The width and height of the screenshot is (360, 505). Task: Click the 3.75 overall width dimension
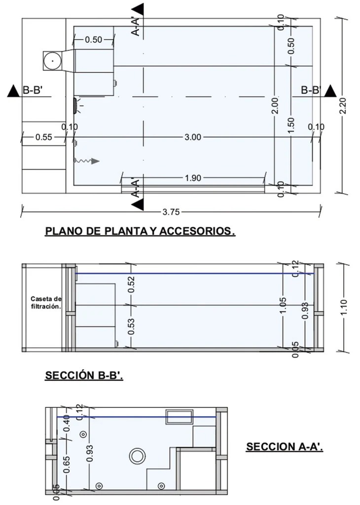[x=171, y=213]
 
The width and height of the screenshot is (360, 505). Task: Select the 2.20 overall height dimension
[x=344, y=106]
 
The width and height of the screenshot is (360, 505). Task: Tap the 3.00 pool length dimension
[x=192, y=137]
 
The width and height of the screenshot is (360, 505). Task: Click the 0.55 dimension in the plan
[x=43, y=137]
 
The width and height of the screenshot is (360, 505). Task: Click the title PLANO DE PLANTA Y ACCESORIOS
[x=140, y=231]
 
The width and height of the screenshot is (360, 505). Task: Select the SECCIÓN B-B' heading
[x=84, y=375]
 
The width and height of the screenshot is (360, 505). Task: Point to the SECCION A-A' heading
[x=285, y=447]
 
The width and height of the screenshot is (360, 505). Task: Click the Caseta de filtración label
[x=46, y=302]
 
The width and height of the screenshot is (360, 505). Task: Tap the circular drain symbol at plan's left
[x=51, y=61]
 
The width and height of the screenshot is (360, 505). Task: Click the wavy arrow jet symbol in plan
[x=86, y=161]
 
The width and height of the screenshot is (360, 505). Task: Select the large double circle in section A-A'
[x=137, y=456]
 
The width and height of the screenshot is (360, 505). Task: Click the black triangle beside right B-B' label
[x=330, y=91]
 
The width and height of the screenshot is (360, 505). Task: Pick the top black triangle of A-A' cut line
[x=138, y=9]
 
